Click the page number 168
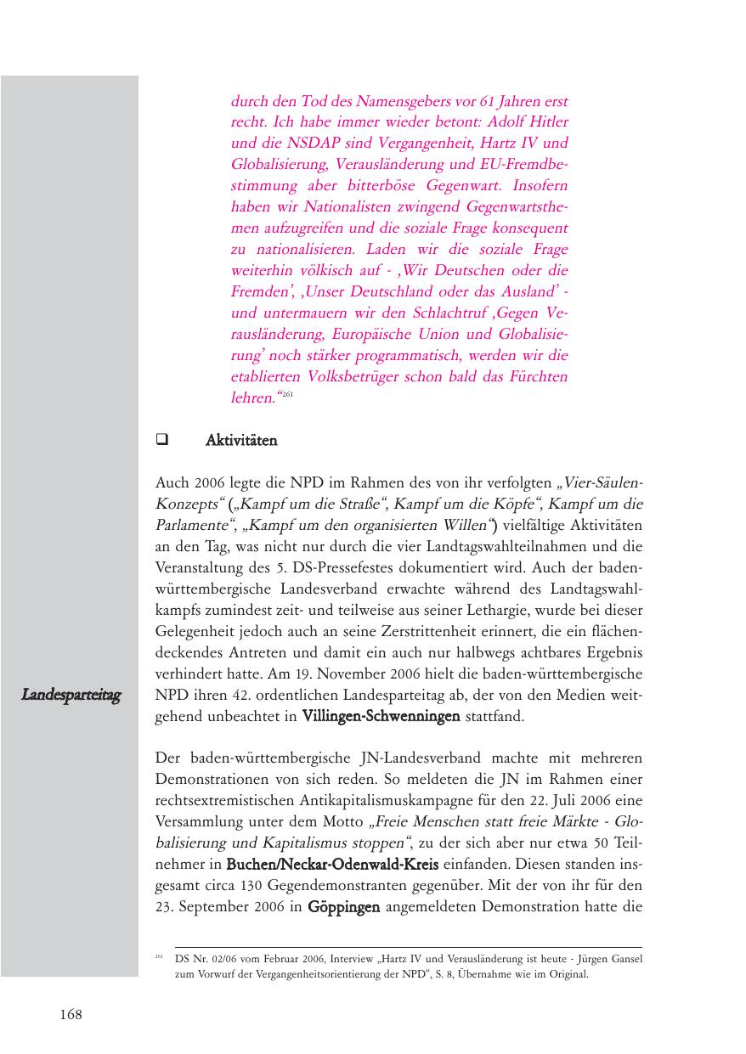(x=71, y=1014)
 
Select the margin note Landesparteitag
(x=71, y=696)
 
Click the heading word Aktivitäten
(x=241, y=441)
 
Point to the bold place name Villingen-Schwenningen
(x=381, y=717)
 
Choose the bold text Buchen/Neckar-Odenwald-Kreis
(x=332, y=865)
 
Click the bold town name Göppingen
(x=343, y=907)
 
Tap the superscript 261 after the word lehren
(x=287, y=395)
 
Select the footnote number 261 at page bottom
(x=159, y=957)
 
